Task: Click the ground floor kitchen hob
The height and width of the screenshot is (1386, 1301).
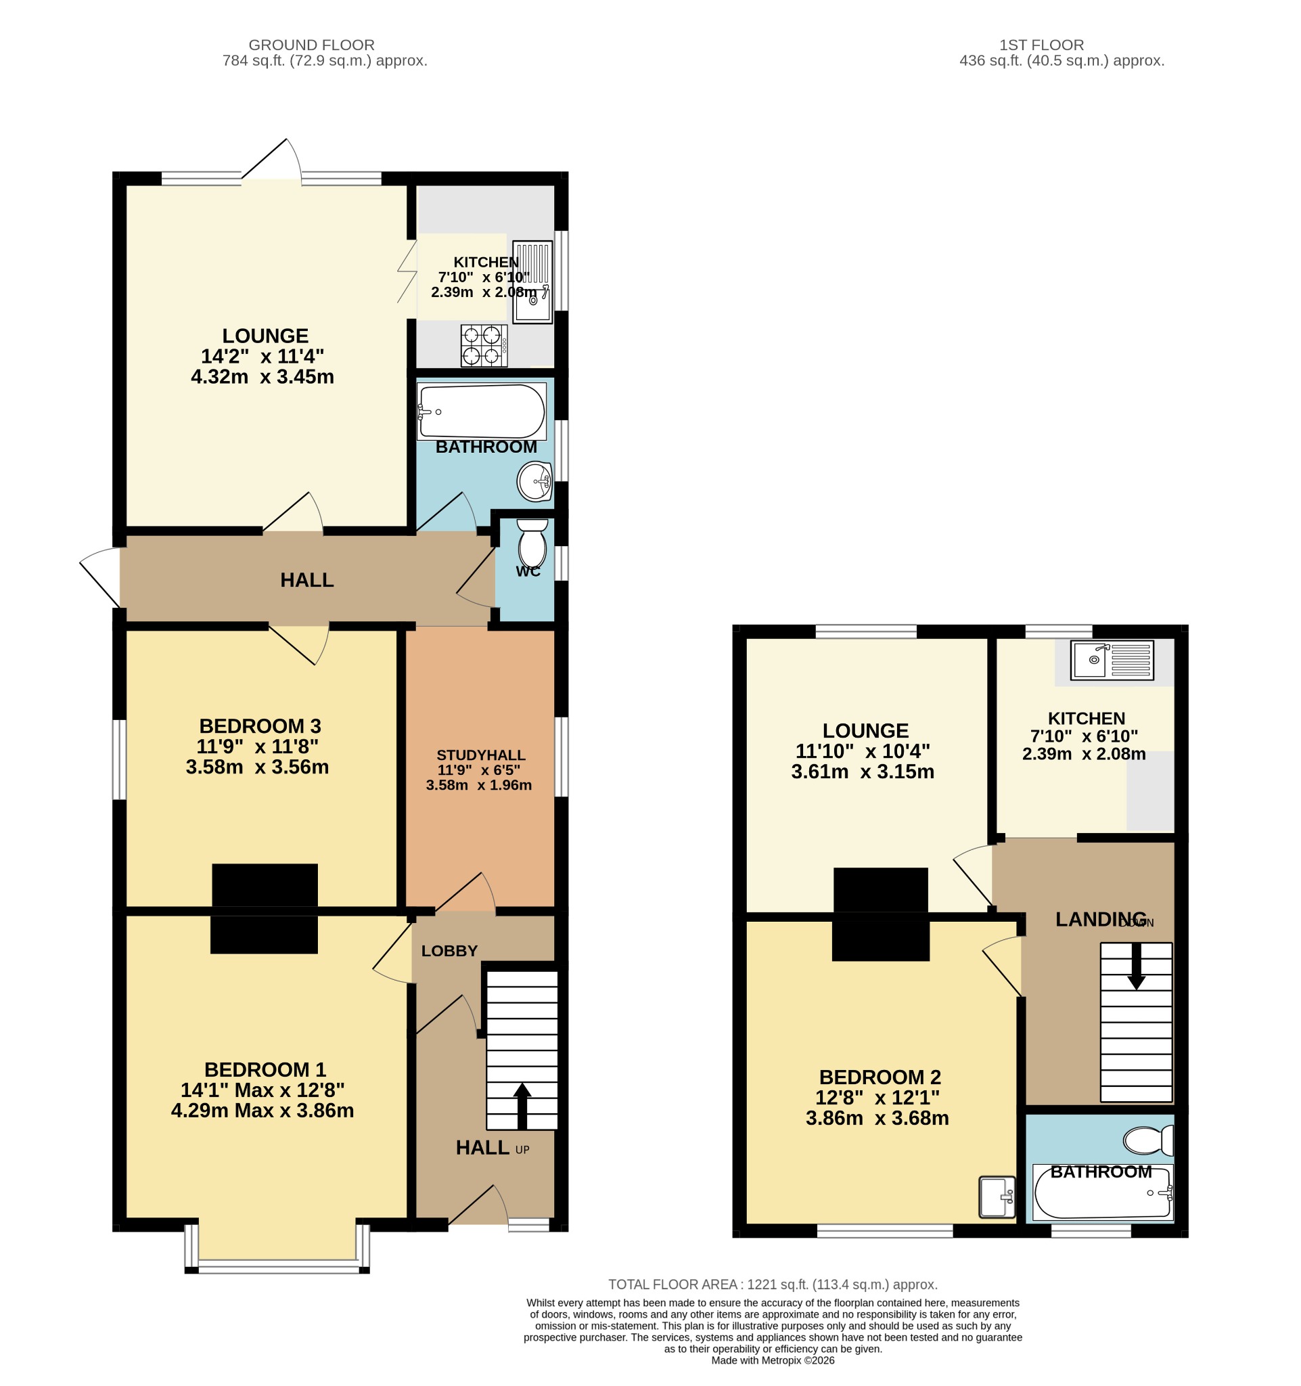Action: (484, 346)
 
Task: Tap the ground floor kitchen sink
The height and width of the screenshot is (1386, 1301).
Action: (532, 282)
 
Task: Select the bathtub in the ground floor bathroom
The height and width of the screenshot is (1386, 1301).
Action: (482, 411)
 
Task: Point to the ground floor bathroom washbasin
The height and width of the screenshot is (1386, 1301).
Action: (535, 481)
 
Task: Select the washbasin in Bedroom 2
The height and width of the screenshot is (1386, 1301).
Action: (997, 1197)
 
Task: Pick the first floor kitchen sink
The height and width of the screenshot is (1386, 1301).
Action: (1112, 660)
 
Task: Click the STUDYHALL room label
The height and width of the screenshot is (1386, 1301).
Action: (481, 755)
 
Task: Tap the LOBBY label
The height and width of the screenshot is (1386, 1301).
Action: (449, 951)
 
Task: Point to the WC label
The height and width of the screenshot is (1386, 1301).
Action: (528, 572)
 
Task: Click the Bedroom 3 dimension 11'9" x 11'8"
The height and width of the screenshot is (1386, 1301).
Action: (257, 746)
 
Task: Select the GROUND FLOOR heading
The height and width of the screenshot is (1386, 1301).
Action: (311, 45)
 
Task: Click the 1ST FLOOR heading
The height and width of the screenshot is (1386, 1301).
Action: (1042, 45)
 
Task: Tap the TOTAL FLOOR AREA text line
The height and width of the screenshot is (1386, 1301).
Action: (773, 1285)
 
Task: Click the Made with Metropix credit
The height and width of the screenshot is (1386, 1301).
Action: (773, 1360)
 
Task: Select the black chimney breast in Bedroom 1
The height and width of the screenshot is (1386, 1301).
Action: (264, 935)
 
